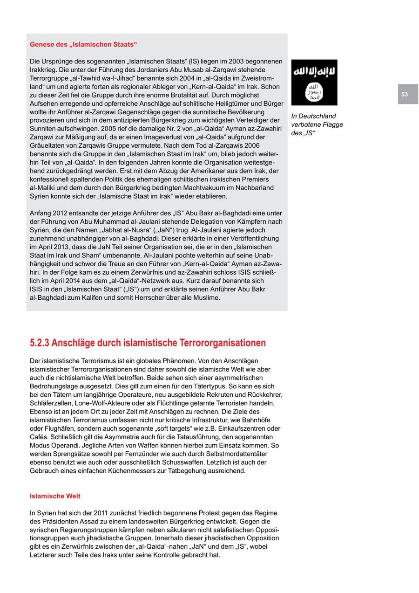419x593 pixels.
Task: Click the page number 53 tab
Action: [407, 94]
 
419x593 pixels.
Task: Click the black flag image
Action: [314, 82]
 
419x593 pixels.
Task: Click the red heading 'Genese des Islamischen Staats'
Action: [83, 45]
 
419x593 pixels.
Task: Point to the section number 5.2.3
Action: [40, 343]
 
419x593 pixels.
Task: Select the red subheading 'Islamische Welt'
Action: [55, 496]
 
